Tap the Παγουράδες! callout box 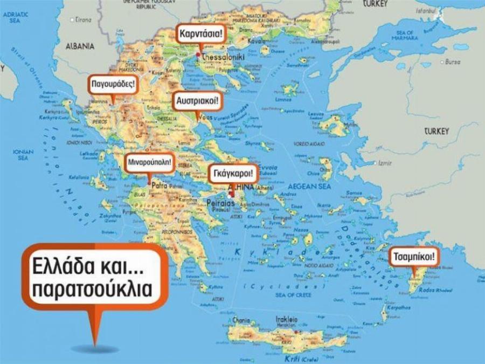coord(113,84)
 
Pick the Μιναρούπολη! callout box coord(149,162)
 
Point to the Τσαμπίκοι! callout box coord(413,257)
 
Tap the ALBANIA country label coord(80,46)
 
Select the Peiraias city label coord(220,204)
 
